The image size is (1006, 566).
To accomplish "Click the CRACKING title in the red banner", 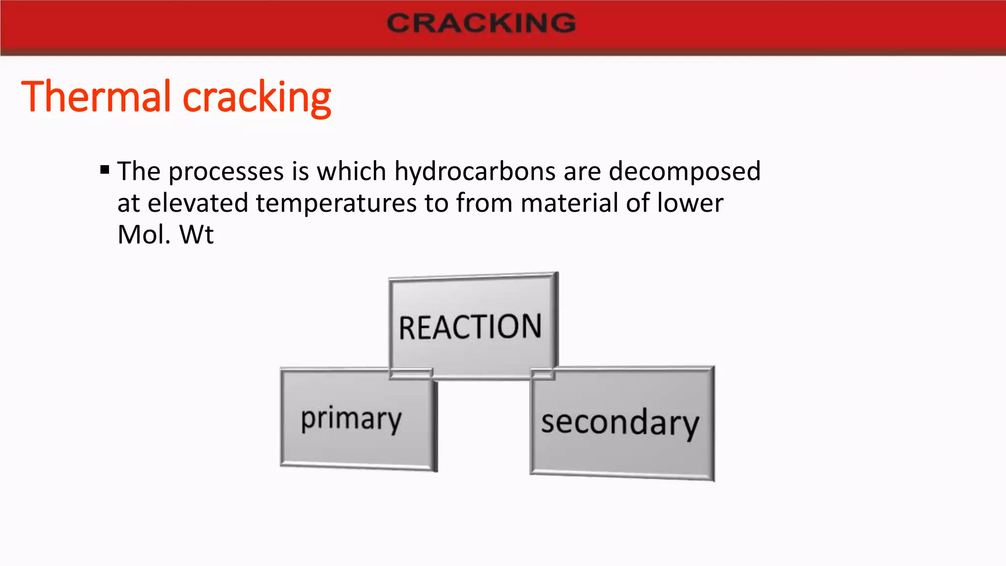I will click(x=481, y=23).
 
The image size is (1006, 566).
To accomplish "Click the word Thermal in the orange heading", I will click(x=96, y=96).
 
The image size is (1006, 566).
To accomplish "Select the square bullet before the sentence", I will click(x=104, y=170).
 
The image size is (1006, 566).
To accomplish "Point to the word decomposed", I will click(x=685, y=172).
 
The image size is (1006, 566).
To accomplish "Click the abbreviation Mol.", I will click(x=144, y=234).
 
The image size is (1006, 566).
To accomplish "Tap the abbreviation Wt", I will click(x=196, y=234).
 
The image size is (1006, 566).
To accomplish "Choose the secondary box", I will click(x=620, y=423).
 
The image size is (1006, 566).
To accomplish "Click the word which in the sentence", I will click(x=352, y=172).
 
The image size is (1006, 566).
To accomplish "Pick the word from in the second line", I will click(x=484, y=203).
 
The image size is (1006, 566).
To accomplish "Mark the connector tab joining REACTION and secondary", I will click(x=543, y=375).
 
